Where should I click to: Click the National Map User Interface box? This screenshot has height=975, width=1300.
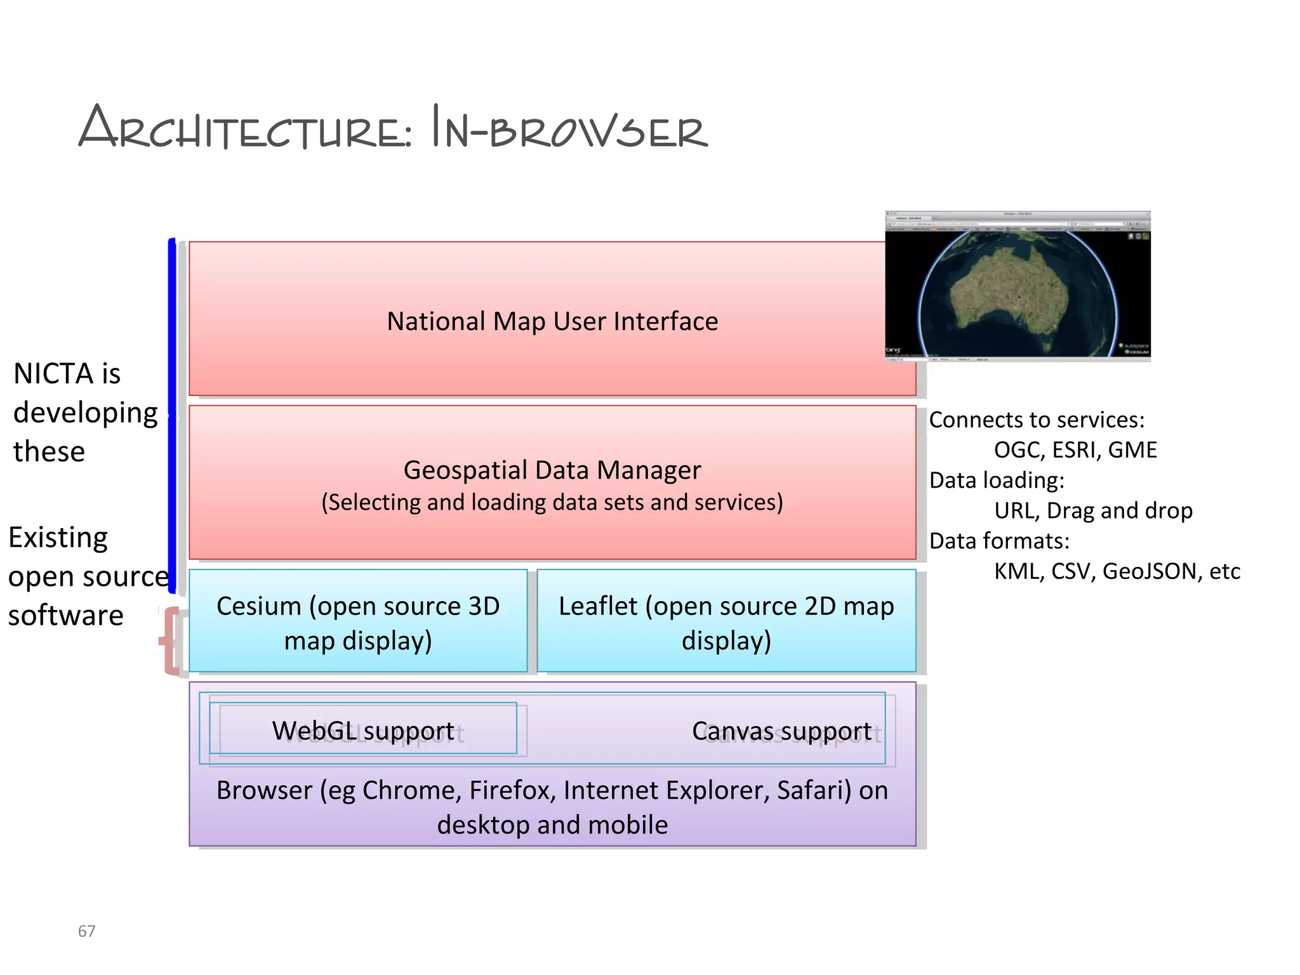tap(552, 321)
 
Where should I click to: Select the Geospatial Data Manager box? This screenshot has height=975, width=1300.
tap(552, 482)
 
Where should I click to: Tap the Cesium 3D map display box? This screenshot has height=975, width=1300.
tap(358, 622)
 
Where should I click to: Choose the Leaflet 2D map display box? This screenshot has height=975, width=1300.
tap(726, 622)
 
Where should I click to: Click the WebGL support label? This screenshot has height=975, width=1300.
tap(363, 731)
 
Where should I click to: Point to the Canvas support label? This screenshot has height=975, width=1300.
tap(781, 731)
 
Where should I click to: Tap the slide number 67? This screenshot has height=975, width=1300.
tap(86, 931)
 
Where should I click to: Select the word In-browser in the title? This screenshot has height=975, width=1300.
tap(569, 129)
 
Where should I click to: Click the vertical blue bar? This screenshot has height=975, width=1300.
tap(172, 416)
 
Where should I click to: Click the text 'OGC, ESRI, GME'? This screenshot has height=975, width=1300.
tap(1075, 450)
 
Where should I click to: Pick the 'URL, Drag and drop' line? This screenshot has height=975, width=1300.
tap(1093, 510)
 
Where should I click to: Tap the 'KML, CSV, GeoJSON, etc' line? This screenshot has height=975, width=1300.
tap(1117, 571)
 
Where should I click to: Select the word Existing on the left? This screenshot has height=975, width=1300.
tap(58, 538)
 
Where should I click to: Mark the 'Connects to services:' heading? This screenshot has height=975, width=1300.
tap(1037, 420)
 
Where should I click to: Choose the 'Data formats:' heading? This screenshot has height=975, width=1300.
tap(999, 541)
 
